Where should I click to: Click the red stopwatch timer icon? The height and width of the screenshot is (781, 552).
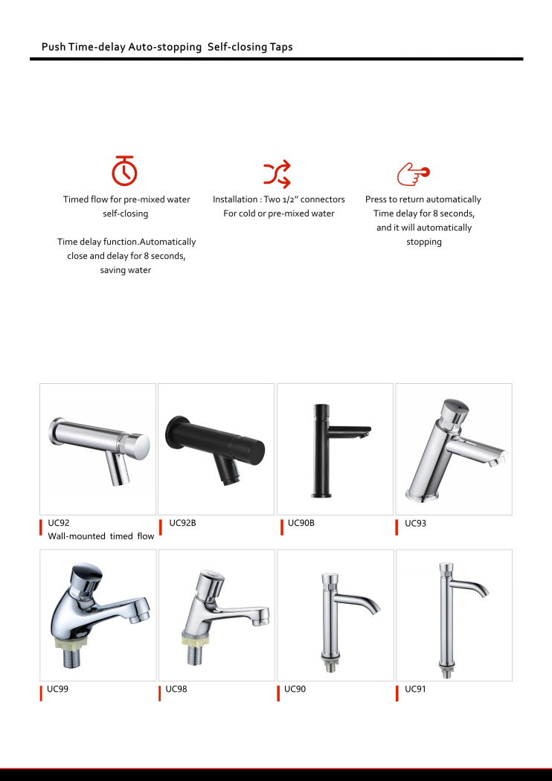pyautogui.click(x=124, y=171)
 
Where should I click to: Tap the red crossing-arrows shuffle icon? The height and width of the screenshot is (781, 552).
pyautogui.click(x=277, y=174)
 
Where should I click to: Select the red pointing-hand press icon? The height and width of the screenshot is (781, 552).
pyautogui.click(x=413, y=173)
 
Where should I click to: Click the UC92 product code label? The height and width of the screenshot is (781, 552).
pyautogui.click(x=58, y=523)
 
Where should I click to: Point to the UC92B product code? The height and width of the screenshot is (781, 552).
pyautogui.click(x=182, y=523)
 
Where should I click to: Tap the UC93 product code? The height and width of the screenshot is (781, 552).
pyautogui.click(x=415, y=523)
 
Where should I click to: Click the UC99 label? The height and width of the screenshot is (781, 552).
pyautogui.click(x=57, y=689)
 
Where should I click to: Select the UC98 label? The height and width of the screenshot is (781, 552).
pyautogui.click(x=176, y=689)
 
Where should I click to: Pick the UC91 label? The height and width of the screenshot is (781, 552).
pyautogui.click(x=415, y=689)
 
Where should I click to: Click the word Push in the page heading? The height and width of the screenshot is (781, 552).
pyautogui.click(x=54, y=47)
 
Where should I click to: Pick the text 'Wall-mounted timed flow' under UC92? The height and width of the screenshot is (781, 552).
pyautogui.click(x=101, y=536)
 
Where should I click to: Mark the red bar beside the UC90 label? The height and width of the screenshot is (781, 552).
pyautogui.click(x=279, y=692)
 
